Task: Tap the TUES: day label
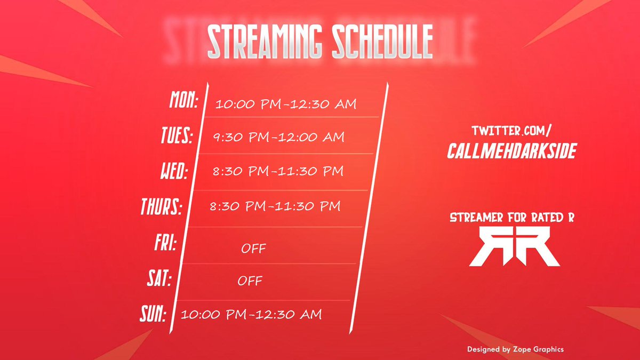(x=176, y=136)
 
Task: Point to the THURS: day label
(x=161, y=207)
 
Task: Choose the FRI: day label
(x=165, y=244)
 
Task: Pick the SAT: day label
(x=158, y=278)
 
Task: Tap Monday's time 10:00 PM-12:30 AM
(x=286, y=104)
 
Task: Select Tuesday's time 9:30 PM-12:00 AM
(x=278, y=138)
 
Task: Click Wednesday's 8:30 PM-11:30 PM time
(x=277, y=172)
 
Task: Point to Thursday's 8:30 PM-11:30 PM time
(x=275, y=206)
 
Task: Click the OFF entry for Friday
(x=253, y=249)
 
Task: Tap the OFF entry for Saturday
(x=250, y=281)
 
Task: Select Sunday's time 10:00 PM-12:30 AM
(x=251, y=315)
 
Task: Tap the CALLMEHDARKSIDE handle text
(x=512, y=151)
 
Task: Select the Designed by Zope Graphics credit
(x=515, y=349)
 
